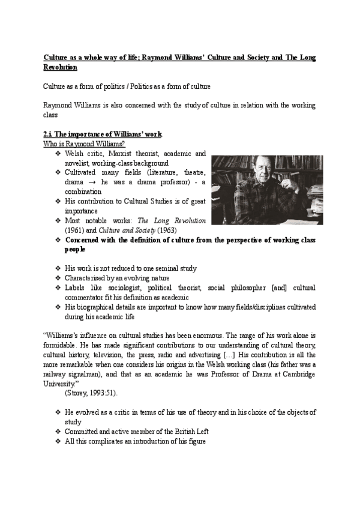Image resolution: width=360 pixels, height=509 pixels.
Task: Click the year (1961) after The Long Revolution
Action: pyautogui.click(x=76, y=230)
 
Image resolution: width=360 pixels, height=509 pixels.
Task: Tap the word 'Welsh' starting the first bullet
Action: pyautogui.click(x=75, y=154)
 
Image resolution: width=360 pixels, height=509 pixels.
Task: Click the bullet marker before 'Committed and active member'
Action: pyautogui.click(x=58, y=432)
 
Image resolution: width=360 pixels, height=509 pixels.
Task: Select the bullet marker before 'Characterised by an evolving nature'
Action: pyautogui.click(x=58, y=279)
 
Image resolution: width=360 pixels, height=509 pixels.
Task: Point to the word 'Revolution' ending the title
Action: pyautogui.click(x=61, y=67)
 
